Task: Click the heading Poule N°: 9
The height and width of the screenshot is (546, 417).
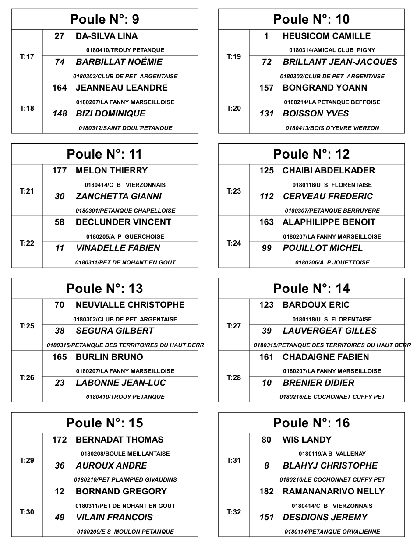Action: click(105, 19)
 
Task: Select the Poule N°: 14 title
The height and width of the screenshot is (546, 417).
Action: click(311, 289)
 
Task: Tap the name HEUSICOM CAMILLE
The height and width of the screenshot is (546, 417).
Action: click(326, 36)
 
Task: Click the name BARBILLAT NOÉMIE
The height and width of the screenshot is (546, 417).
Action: click(119, 62)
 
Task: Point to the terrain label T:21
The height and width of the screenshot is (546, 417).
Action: click(27, 191)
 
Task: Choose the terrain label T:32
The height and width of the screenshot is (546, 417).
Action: click(234, 512)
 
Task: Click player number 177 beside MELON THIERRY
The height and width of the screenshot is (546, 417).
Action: click(60, 171)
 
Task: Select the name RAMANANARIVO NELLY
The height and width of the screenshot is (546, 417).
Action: click(333, 492)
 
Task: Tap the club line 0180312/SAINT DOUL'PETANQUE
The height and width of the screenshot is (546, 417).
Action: click(125, 128)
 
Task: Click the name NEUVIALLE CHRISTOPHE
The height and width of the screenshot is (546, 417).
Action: click(130, 305)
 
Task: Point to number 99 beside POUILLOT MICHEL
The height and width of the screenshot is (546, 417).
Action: click(266, 248)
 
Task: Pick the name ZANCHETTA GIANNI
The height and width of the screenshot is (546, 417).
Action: click(119, 197)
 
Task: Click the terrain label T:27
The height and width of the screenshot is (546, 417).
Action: click(234, 326)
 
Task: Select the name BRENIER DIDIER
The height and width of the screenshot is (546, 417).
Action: click(318, 383)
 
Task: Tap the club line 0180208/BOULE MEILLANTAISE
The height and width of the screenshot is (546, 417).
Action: click(125, 454)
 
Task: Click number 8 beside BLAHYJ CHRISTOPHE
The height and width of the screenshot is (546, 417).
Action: click(266, 466)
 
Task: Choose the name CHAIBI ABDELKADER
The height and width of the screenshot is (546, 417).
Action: click(329, 171)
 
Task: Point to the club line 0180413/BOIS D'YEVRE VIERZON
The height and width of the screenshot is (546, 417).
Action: click(332, 128)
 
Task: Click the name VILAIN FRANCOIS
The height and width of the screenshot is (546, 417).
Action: click(114, 518)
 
